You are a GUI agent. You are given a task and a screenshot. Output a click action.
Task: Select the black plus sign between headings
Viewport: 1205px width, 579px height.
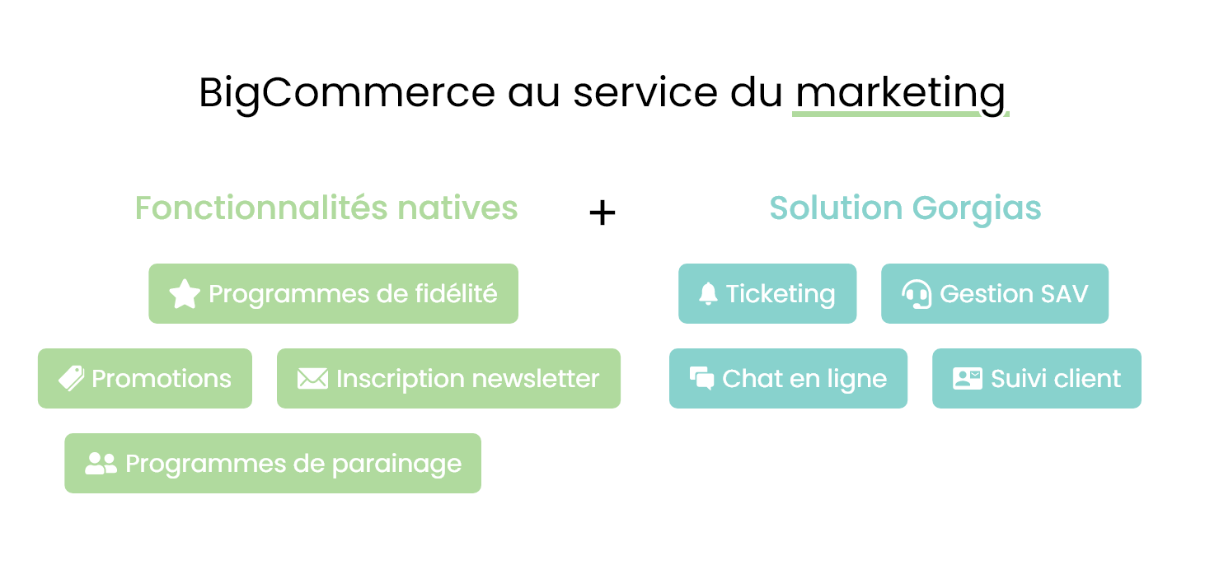tap(602, 212)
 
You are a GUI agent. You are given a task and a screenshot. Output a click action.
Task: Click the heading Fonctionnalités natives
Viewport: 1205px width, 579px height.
tap(326, 208)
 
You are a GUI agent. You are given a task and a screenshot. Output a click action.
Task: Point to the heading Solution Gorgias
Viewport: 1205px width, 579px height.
tap(905, 208)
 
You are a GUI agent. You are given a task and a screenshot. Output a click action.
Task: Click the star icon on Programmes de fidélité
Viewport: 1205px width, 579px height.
tap(185, 294)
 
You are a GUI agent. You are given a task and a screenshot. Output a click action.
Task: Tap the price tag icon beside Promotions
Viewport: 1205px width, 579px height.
tap(72, 378)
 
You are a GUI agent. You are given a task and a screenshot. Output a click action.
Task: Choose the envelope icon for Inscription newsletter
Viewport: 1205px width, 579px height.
tap(312, 379)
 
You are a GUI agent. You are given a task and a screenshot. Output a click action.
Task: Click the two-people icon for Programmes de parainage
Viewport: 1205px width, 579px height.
tap(101, 464)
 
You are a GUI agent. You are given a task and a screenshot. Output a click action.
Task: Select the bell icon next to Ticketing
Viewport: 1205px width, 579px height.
tap(708, 293)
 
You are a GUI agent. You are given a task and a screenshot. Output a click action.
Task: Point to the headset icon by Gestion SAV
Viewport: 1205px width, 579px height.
tap(917, 294)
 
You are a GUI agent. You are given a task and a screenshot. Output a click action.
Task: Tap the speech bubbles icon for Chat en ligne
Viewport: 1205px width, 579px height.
tap(702, 378)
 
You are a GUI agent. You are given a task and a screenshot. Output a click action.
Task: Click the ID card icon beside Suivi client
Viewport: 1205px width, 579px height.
tap(968, 379)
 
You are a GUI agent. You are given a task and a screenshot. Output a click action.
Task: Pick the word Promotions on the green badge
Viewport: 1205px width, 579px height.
tap(162, 379)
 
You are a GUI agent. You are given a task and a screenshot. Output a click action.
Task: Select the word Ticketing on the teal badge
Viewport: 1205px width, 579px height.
tap(781, 295)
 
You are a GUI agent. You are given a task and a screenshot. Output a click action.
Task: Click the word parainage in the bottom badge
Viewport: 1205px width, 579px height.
tap(397, 465)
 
